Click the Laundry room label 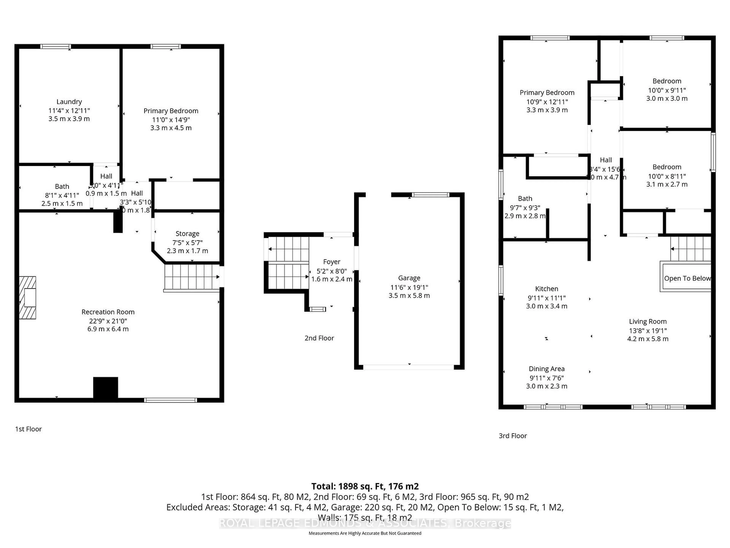69,102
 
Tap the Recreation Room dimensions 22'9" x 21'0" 108,321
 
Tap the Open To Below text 687,278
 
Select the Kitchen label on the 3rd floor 547,289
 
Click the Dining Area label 547,369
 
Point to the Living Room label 647,321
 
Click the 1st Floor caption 28,429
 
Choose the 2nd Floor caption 319,338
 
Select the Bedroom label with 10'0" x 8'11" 667,167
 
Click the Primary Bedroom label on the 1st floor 171,111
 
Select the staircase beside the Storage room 191,277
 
